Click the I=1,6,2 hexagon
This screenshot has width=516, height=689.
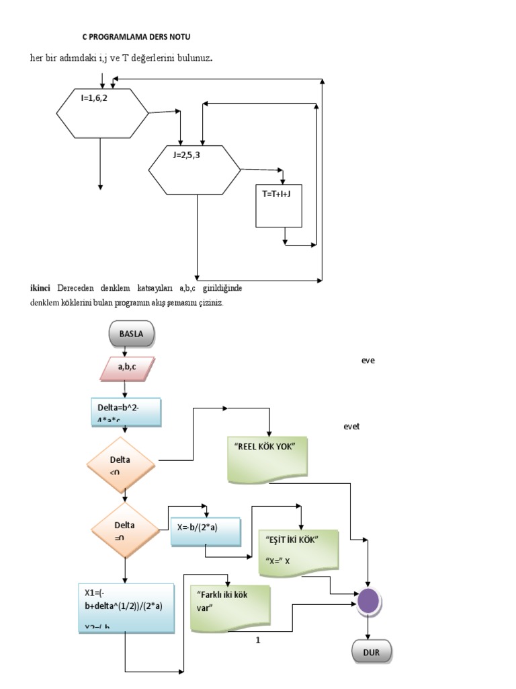[102, 112]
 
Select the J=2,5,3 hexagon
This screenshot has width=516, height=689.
[194, 169]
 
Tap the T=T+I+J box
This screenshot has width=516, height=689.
[279, 205]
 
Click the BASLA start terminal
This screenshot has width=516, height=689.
[130, 332]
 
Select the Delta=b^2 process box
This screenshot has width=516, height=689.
[126, 412]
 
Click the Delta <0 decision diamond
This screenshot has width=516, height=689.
[122, 465]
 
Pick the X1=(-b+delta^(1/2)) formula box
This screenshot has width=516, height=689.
[126, 608]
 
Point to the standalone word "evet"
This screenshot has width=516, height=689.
[352, 426]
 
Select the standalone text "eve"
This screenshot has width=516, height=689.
[368, 360]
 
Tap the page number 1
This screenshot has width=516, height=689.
[257, 640]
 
